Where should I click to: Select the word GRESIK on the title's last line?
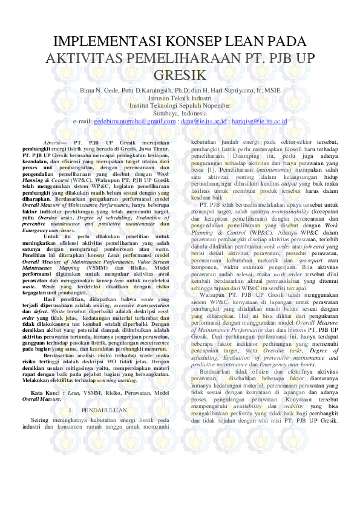(180, 75)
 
